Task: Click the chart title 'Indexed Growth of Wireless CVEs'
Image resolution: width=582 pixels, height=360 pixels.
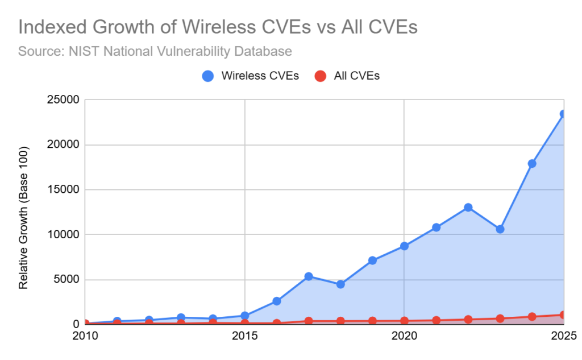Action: click(218, 27)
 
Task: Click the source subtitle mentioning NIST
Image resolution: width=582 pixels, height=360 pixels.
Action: click(155, 52)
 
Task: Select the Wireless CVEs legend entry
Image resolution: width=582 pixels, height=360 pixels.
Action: click(251, 76)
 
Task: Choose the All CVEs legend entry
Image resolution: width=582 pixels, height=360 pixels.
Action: click(347, 76)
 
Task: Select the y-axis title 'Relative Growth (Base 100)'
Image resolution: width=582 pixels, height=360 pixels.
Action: click(23, 215)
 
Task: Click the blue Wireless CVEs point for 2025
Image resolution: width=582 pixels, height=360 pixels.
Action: click(563, 114)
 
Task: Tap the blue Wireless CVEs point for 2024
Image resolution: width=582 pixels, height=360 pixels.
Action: click(532, 164)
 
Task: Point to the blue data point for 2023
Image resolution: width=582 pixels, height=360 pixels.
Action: click(500, 229)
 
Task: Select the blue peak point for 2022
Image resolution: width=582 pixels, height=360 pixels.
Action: click(468, 208)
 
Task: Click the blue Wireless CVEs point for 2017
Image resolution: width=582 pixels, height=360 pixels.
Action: click(309, 276)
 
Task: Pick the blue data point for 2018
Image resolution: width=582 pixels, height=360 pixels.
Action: click(340, 284)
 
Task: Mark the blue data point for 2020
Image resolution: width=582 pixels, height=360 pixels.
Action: click(404, 246)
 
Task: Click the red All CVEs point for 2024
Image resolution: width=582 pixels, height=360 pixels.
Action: click(532, 317)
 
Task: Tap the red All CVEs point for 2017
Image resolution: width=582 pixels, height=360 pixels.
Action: click(309, 321)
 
